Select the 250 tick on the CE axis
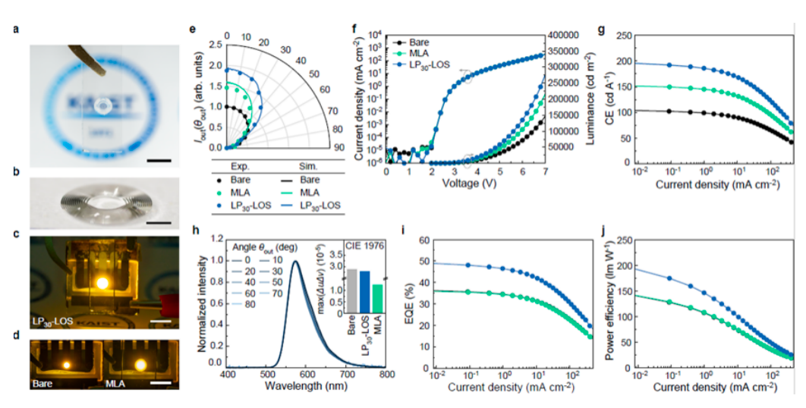[x=624, y=36]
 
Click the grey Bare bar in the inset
[x=351, y=290]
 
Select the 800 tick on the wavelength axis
[x=386, y=375]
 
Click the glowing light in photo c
[x=100, y=283]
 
